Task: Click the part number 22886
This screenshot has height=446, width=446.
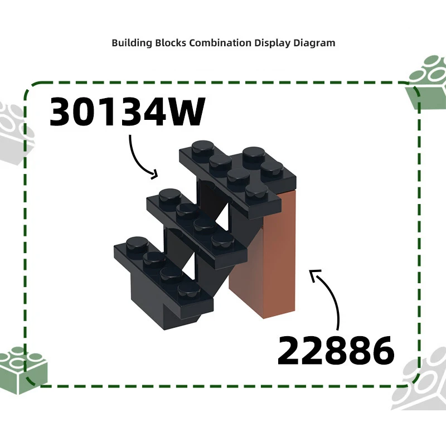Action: pos(335,350)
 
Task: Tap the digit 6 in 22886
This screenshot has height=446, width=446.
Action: pos(381,350)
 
